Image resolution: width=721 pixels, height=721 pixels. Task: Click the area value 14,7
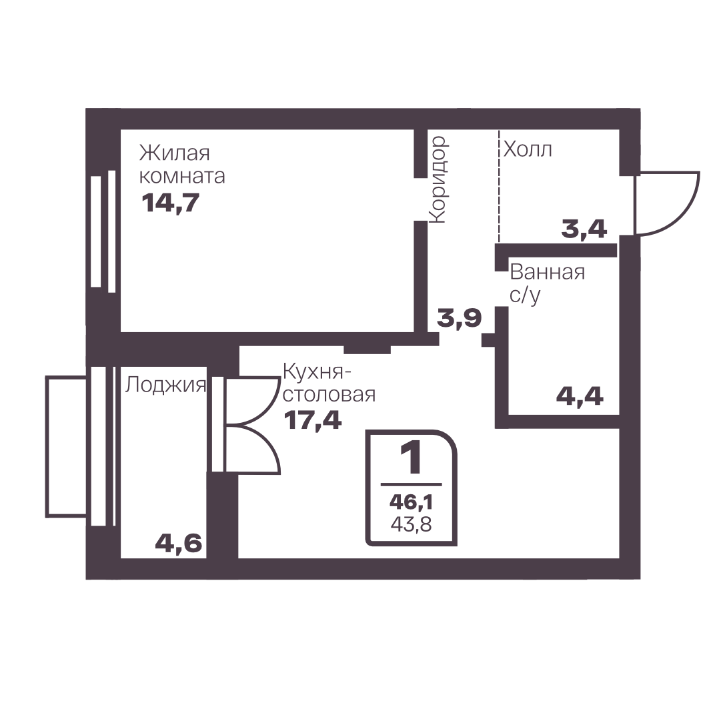pyautogui.click(x=171, y=203)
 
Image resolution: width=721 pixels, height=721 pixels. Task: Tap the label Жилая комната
pyautogui.click(x=182, y=165)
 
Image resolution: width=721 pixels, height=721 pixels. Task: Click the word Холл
pyautogui.click(x=528, y=149)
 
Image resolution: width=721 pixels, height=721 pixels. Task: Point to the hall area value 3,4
pyautogui.click(x=584, y=229)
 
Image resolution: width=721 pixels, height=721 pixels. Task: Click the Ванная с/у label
pyautogui.click(x=547, y=283)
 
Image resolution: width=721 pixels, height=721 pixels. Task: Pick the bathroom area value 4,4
pyautogui.click(x=580, y=396)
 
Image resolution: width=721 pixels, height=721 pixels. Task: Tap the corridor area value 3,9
pyautogui.click(x=459, y=317)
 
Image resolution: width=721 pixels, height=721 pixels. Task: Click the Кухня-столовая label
pyautogui.click(x=329, y=383)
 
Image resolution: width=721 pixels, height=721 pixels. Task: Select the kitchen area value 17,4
pyautogui.click(x=313, y=420)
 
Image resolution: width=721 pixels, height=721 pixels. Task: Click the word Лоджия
pyautogui.click(x=165, y=385)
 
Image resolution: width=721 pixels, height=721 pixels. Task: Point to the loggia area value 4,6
pyautogui.click(x=178, y=543)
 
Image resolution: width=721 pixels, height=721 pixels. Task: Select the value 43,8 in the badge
pyautogui.click(x=411, y=524)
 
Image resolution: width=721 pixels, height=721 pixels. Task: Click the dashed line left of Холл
pyautogui.click(x=499, y=186)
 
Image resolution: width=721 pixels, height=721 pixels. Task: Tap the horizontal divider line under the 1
pyautogui.click(x=411, y=484)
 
